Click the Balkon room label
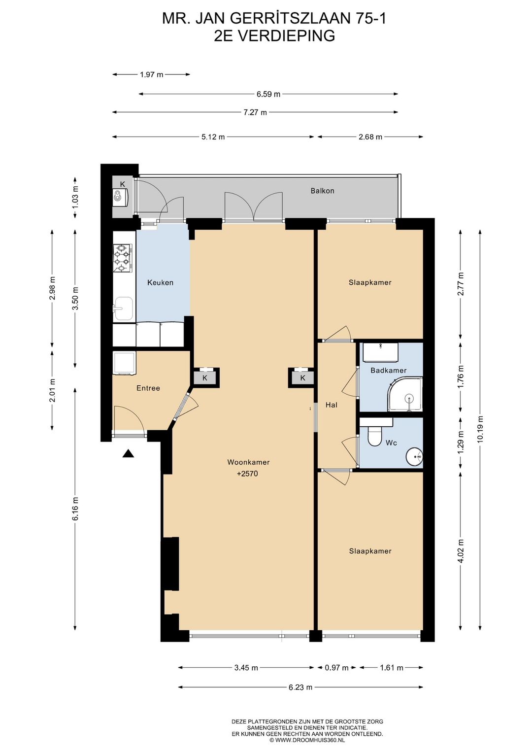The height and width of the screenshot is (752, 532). pyautogui.click(x=322, y=191)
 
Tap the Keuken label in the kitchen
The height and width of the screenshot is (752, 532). pyautogui.click(x=160, y=283)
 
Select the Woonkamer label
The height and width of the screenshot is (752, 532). pyautogui.click(x=248, y=462)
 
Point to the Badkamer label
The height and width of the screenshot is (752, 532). pyautogui.click(x=388, y=370)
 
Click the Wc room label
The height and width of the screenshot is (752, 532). pyautogui.click(x=391, y=443)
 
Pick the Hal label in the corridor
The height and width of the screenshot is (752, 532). pyautogui.click(x=332, y=405)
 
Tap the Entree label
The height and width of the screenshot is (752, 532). pyautogui.click(x=148, y=388)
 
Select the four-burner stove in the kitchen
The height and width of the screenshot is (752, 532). pyautogui.click(x=123, y=258)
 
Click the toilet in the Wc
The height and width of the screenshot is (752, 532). pyautogui.click(x=373, y=436)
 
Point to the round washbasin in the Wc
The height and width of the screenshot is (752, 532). pyautogui.click(x=415, y=456)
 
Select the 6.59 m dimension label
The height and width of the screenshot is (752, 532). pyautogui.click(x=268, y=94)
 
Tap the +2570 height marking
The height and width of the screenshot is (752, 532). pyautogui.click(x=247, y=474)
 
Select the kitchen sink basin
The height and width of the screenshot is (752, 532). pyautogui.click(x=123, y=308)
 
